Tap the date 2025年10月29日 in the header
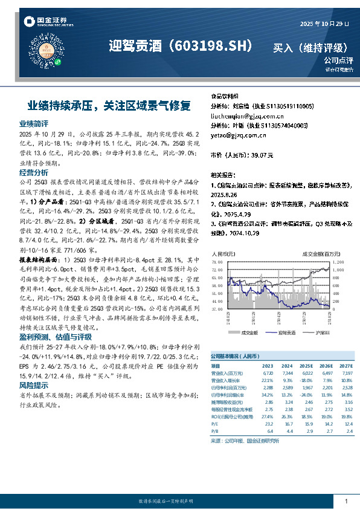325,24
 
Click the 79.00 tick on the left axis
217,261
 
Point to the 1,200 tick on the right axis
338,261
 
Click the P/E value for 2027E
346,424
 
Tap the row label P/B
215,432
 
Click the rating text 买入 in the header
284,47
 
